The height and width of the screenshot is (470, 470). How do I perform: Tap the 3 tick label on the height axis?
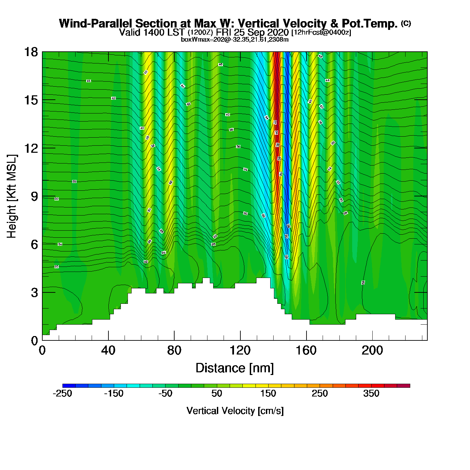click(34, 292)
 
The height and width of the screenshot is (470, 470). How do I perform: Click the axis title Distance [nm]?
click(235, 368)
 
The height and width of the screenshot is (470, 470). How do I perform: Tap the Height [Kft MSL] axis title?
click(12, 196)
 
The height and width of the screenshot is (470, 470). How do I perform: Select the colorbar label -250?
click(62, 393)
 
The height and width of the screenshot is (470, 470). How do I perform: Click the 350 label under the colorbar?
click(371, 393)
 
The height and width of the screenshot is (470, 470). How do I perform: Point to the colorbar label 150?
click(268, 393)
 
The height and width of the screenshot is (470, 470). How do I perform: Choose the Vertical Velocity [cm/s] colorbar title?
click(235, 411)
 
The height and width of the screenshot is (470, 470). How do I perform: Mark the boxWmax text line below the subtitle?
click(235, 40)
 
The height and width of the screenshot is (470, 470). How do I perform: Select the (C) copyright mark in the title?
click(406, 23)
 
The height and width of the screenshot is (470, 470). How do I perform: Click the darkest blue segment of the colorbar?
click(69, 386)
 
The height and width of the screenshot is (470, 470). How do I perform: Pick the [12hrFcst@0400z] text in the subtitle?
click(321, 33)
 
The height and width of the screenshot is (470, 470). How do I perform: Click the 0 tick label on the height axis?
click(34, 341)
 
